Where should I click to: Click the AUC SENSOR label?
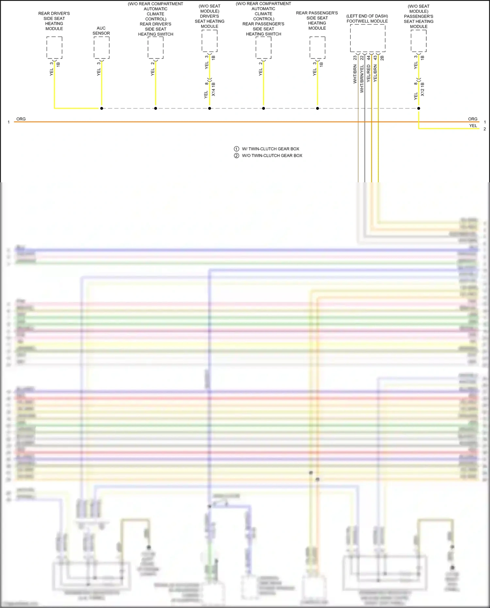101,31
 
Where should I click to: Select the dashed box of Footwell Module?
367,38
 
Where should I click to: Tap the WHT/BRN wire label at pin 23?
355,74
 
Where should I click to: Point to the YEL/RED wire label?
368,73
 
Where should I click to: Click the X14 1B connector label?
213,89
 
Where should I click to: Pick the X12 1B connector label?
422,89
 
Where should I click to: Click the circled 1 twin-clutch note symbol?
237,149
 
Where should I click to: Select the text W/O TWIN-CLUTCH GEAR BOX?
272,156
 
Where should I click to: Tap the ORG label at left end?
21,119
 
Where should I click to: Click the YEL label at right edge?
473,126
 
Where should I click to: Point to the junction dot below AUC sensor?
102,108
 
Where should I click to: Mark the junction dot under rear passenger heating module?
318,108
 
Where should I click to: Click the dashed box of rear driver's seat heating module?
54,48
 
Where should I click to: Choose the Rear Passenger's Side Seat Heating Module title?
317,21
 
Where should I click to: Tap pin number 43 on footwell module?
375,58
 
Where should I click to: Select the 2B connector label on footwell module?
382,58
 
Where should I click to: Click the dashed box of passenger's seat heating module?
418,41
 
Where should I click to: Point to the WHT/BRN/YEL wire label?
362,79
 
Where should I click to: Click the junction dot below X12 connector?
419,108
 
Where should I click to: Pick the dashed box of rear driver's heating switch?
155,48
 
